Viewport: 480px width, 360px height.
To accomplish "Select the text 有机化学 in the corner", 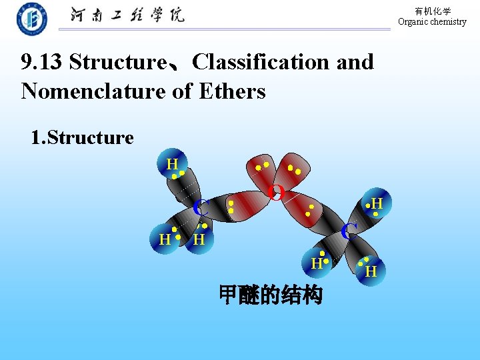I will pyautogui.click(x=433, y=11).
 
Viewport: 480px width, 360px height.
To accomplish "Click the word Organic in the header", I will pyautogui.click(x=413, y=21).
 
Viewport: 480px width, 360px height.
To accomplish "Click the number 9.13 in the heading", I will pyautogui.click(x=42, y=62).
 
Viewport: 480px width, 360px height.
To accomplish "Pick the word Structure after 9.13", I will pyautogui.click(x=118, y=62).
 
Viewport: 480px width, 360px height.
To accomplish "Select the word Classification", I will pyautogui.click(x=261, y=62).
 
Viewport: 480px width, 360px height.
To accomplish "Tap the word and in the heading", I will pyautogui.click(x=355, y=62).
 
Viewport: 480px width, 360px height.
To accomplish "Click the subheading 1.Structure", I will pyautogui.click(x=82, y=138).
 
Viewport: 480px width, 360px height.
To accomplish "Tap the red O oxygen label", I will pyautogui.click(x=276, y=193).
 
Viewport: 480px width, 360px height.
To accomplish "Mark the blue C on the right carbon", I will pyautogui.click(x=349, y=231).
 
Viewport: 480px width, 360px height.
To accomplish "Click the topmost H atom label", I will pyautogui.click(x=172, y=164).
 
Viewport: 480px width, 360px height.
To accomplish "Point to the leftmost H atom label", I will pyautogui.click(x=165, y=239).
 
